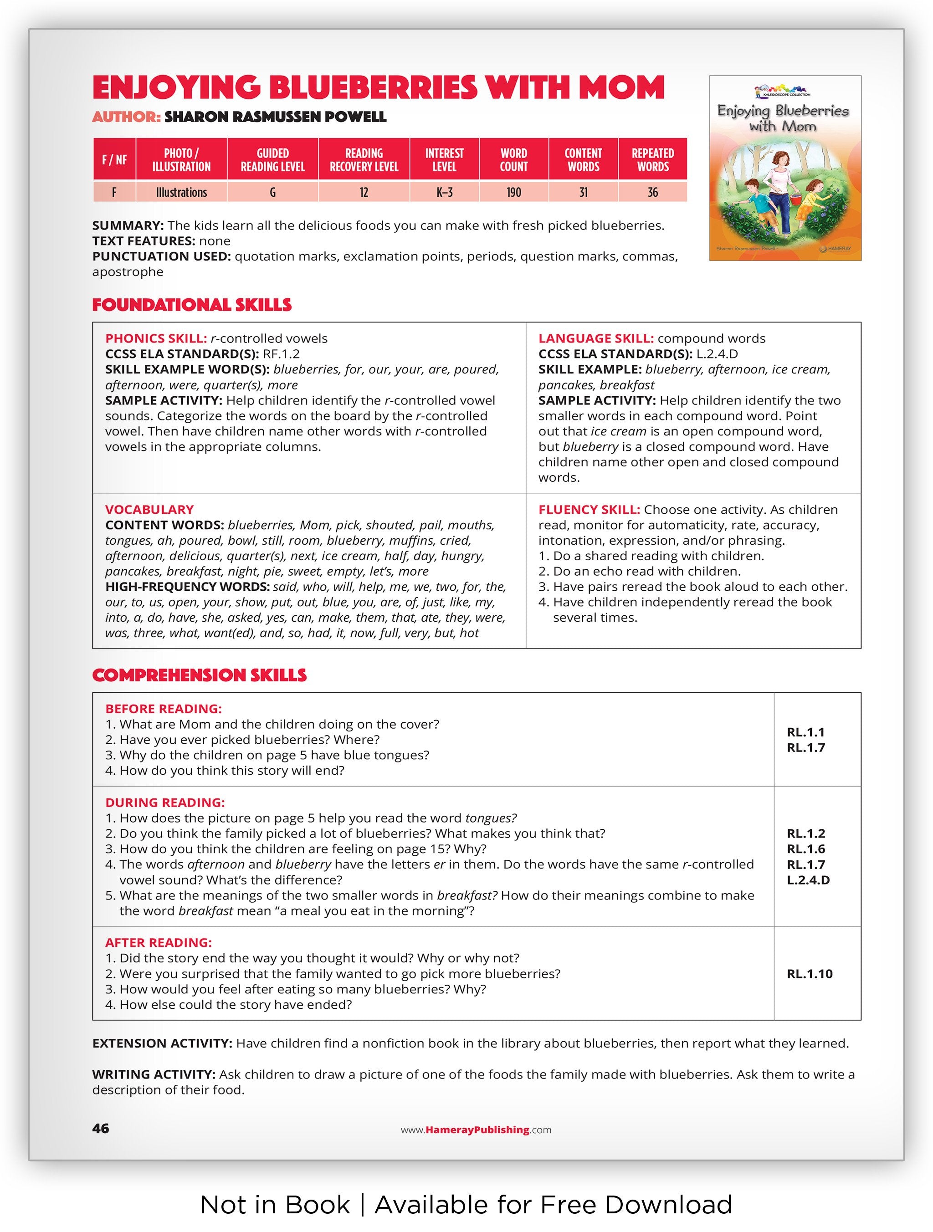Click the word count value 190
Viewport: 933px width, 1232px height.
513,192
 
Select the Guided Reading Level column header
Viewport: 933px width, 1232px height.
272,160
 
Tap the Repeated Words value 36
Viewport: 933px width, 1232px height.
652,192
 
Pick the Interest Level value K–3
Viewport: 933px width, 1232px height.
444,192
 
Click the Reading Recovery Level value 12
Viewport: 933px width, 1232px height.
364,192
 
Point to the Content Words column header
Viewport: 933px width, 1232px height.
583,160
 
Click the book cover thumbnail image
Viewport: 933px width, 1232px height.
785,168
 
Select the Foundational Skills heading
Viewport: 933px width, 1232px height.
192,305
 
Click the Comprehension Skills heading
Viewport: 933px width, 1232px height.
200,675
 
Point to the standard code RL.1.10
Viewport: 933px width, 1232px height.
810,974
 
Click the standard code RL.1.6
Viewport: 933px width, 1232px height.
806,849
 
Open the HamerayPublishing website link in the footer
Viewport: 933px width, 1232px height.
476,1130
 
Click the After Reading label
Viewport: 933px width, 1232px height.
158,942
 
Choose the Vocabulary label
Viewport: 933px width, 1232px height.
149,509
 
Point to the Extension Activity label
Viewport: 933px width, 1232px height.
162,1043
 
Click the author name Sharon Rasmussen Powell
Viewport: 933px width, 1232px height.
275,117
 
